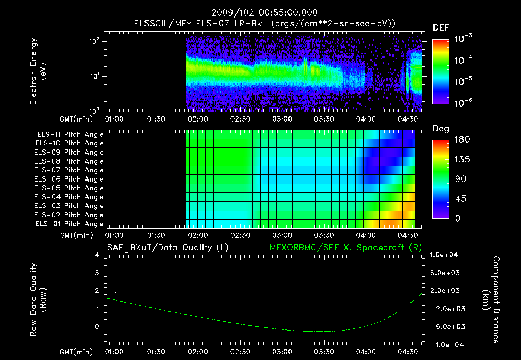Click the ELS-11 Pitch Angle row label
pyautogui.click(x=70, y=134)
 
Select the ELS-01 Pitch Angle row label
pyautogui.click(x=70, y=224)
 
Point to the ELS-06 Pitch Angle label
pyautogui.click(x=70, y=179)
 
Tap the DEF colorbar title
pyautogui.click(x=441, y=27)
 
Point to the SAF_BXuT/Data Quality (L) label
pyautogui.click(x=167, y=248)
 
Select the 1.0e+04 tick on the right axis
pyautogui.click(x=445, y=255)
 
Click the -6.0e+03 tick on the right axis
pyautogui.click(x=445, y=326)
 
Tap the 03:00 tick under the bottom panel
pyautogui.click(x=282, y=351)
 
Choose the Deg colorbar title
pyautogui.click(x=441, y=129)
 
